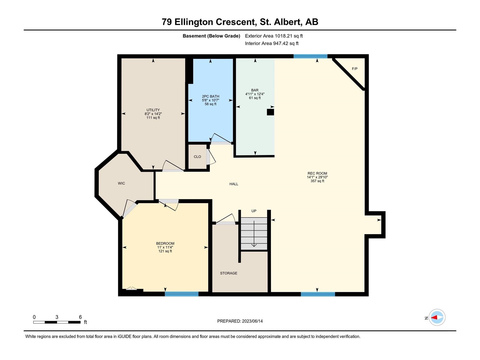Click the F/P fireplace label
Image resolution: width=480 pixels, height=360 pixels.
point(355,69)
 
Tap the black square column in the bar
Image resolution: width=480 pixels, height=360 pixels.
point(270,112)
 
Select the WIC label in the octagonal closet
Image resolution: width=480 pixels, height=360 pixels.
point(121,183)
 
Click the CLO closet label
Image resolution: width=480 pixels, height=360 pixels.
point(197,157)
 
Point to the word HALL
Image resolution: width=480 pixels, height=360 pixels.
point(234,184)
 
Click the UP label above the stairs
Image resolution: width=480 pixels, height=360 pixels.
point(254,211)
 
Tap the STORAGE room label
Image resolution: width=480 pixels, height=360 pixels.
point(229,273)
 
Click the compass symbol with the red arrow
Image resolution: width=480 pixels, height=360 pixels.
point(437,317)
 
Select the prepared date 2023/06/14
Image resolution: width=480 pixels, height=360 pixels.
point(252,321)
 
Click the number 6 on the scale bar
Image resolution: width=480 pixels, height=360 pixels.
point(80,317)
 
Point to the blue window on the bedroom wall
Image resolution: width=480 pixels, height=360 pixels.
point(181,294)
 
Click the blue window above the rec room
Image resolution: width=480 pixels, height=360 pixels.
point(310,56)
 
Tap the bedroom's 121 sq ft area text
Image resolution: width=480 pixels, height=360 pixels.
point(165,251)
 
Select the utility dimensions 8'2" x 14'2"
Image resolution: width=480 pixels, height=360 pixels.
point(153,114)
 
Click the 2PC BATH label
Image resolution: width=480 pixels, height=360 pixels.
point(210,96)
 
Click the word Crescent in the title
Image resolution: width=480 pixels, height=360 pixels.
point(235,22)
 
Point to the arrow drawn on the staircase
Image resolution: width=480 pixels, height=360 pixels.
point(254,234)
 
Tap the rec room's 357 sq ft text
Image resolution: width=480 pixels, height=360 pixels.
point(317,181)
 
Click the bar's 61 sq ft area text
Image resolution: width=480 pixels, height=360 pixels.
point(255,98)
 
